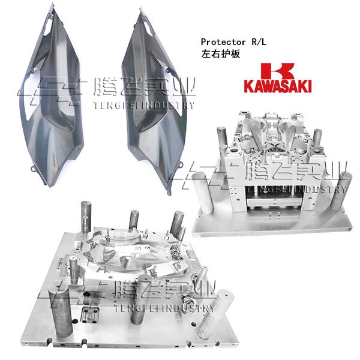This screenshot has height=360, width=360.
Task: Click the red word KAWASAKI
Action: [277, 86]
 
